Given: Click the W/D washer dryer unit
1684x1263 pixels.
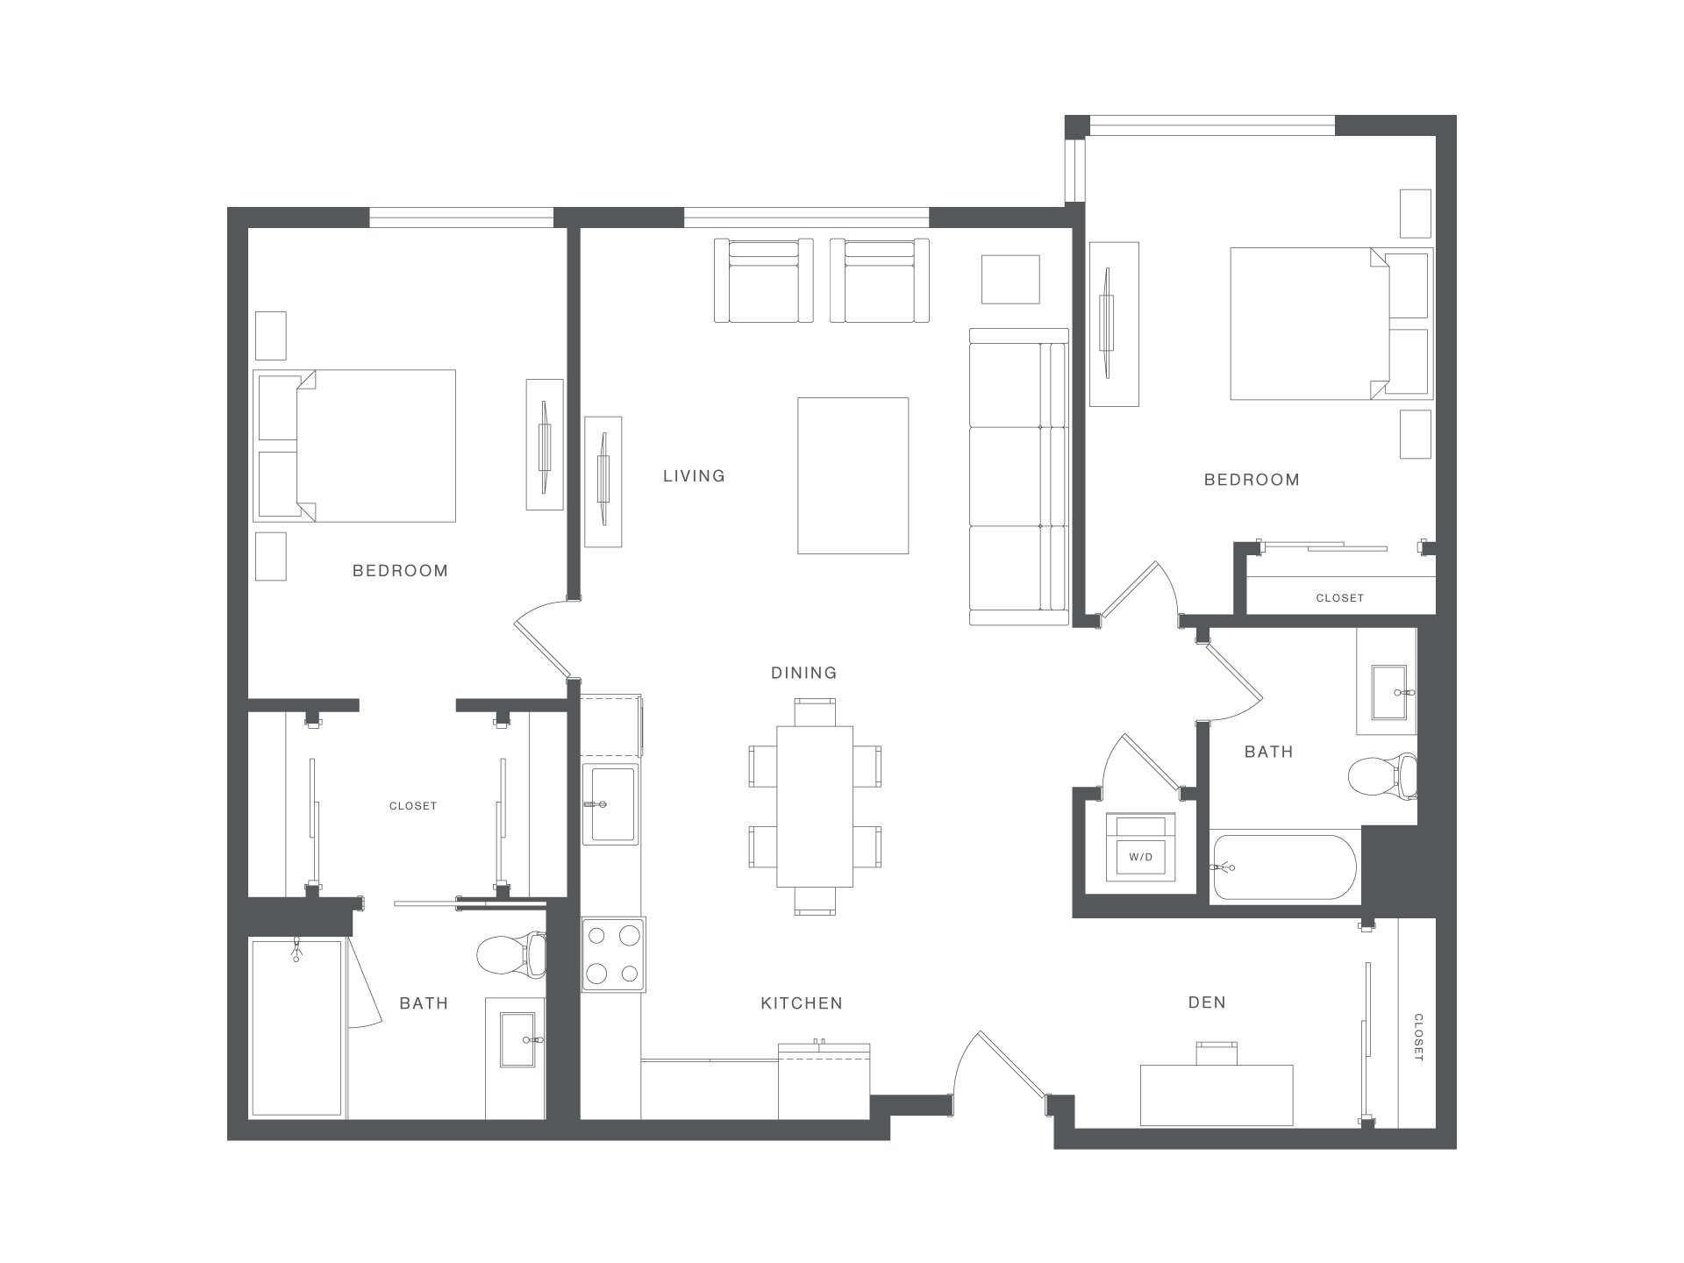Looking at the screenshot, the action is point(1140,847).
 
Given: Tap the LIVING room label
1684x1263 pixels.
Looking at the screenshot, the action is point(694,476).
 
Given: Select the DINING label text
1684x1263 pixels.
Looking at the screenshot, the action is point(803,673).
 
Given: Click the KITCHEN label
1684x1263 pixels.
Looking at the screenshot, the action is point(802,1003).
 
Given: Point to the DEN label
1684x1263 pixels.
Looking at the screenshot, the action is point(1207,1003).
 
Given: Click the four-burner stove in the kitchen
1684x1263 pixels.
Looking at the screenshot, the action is point(613,955).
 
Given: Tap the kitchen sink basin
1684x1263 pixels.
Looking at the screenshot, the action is point(612,804).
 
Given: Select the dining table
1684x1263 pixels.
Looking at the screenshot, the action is point(815,807).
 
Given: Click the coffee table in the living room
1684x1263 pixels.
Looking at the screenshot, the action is point(853,475).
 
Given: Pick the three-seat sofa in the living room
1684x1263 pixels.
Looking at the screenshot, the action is point(1019,476).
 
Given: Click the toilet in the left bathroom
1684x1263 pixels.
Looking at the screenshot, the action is point(513,954).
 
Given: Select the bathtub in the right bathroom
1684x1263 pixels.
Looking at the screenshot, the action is point(1284,867).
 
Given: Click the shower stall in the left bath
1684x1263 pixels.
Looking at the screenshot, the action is point(296,1028).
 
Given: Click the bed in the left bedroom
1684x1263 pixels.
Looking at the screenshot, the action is point(355,446).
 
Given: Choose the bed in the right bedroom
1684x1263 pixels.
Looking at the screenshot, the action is point(1331,324).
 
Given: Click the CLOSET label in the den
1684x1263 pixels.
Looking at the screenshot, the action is point(1418,1038).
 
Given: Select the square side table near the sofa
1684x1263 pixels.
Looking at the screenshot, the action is point(1010,279).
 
